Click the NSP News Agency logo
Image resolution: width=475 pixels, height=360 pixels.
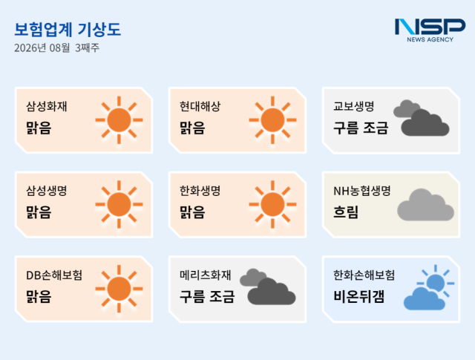coord(430,30)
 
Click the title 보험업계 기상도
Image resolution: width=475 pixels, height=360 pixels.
coord(68,30)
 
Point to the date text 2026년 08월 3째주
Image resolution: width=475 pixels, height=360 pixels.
coord(56,48)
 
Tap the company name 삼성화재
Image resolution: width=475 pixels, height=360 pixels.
coord(47,106)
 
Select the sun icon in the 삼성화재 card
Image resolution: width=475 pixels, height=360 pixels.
coord(119,120)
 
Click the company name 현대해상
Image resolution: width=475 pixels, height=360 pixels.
coord(200,106)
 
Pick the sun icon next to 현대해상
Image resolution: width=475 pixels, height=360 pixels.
coord(272,120)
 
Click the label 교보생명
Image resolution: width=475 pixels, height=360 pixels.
coord(354,106)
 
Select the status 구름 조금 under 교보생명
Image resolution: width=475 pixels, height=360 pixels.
coord(361,128)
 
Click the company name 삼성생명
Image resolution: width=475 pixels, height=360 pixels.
coord(47,191)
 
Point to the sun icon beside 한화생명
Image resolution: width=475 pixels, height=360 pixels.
coord(272,204)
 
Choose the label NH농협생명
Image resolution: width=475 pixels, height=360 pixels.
coord(362,191)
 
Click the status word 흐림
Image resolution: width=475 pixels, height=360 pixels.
coord(346,212)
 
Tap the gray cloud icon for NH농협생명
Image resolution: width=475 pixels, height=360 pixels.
coord(425,205)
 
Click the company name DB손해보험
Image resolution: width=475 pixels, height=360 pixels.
coord(54,275)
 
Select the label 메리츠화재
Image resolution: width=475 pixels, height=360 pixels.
coord(206,275)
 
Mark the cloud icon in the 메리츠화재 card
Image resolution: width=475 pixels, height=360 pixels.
coord(268,287)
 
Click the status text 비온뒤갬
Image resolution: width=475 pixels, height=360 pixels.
coord(359,296)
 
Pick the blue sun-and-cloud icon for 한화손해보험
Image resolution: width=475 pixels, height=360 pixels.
coord(429,287)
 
